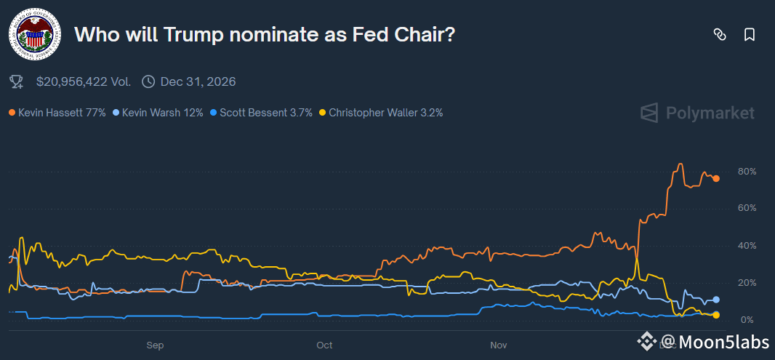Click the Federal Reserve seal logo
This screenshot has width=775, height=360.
pos(34,34)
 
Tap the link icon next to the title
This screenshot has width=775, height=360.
pos(720,34)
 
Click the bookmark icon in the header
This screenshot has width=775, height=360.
pos(750,34)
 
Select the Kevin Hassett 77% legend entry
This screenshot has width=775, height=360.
pos(57,113)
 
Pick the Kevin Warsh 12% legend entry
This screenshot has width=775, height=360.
pos(158,113)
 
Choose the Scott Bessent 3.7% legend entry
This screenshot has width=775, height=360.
pos(261,113)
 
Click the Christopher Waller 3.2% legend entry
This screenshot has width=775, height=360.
pos(381,113)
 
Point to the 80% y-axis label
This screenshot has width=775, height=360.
pos(747,172)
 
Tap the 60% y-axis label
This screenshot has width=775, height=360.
pos(747,208)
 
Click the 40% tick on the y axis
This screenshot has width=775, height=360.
pos(747,246)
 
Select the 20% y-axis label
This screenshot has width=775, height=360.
pos(747,283)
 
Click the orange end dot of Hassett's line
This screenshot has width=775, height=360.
pos(716,178)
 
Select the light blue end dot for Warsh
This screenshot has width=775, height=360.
pos(716,300)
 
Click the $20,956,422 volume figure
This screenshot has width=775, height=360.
pos(84,81)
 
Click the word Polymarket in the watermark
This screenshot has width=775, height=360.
pos(710,113)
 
